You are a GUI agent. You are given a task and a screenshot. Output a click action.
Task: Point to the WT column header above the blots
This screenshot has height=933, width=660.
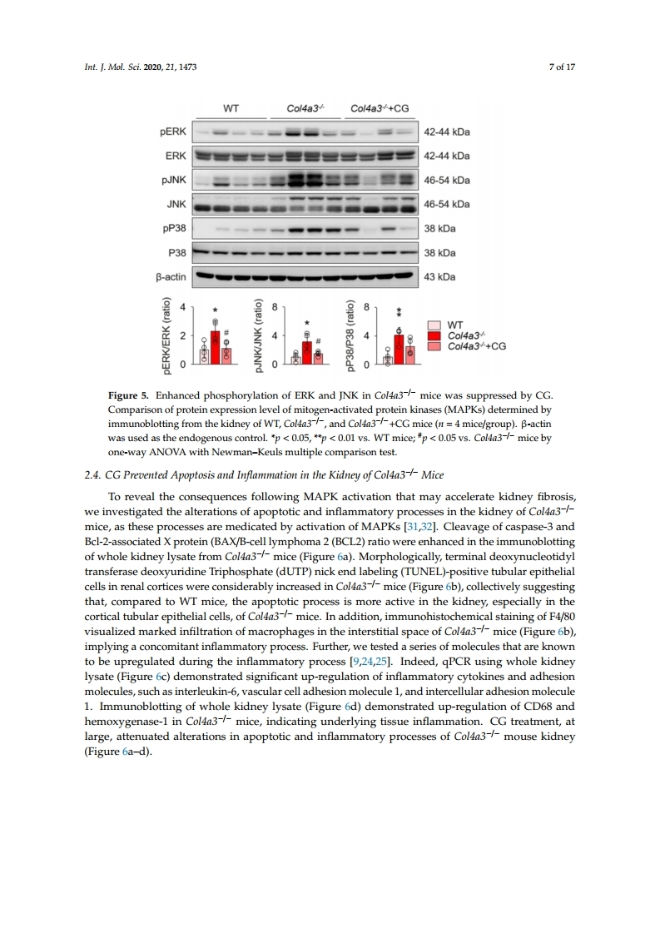232,108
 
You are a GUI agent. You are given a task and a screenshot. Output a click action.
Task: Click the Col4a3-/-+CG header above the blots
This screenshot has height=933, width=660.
380,108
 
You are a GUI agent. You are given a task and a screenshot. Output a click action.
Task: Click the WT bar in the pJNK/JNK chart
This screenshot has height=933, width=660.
295,359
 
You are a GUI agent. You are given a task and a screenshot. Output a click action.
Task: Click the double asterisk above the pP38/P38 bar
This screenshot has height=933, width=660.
399,312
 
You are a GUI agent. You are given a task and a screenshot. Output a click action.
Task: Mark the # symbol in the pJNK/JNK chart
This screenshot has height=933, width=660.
318,341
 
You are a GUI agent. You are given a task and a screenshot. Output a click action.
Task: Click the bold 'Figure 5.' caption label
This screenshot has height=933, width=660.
132,393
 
